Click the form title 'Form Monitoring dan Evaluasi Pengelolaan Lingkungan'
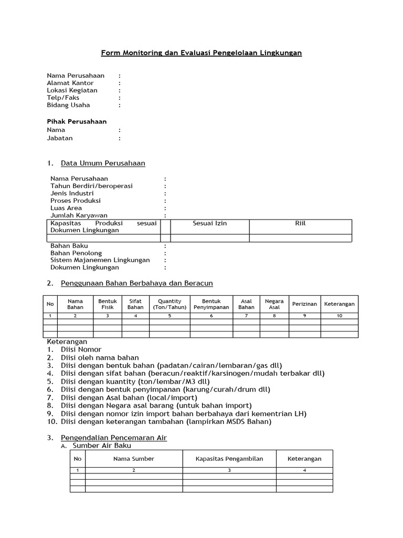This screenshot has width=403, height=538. coord(201,53)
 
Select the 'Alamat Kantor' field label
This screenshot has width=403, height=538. coord(70,83)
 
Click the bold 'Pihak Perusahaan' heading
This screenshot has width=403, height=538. coord(77,121)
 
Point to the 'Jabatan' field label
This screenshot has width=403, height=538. coord(60,138)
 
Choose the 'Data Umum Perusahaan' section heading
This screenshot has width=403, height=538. coord(103,163)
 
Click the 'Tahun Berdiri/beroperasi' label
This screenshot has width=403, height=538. coord(91,186)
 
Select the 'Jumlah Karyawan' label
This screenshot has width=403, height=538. coord(79,215)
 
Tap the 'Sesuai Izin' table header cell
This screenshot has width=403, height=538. coord(210,223)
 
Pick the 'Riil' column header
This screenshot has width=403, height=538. coord(300,223)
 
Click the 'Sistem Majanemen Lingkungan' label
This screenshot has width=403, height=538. coord(100,260)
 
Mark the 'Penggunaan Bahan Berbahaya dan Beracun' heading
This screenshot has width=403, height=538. coord(137,283)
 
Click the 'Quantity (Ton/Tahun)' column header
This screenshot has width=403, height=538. coord(169,304)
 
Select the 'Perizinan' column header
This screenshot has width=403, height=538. coord(304,304)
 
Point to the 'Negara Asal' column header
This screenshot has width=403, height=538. coord(274,304)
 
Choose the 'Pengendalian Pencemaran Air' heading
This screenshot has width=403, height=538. coord(114,438)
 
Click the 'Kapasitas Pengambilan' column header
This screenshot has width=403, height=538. coord(229,459)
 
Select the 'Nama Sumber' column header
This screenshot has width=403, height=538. coord(134,459)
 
